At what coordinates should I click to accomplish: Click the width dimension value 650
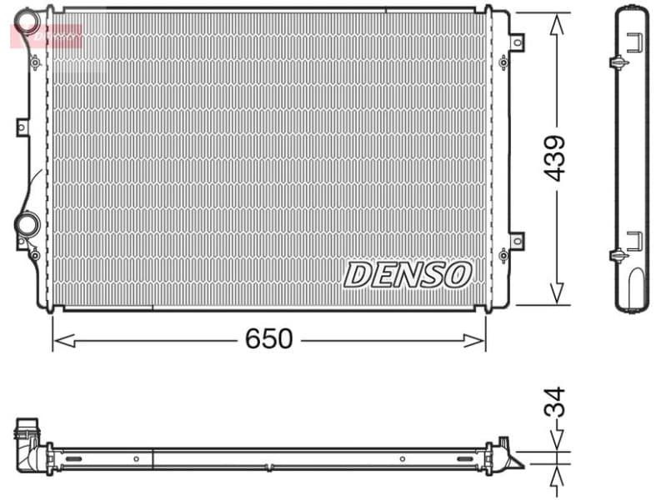coord(268,338)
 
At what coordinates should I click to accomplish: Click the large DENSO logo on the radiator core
coord(408,273)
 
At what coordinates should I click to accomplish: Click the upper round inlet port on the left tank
coord(28,19)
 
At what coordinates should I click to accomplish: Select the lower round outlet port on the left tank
coord(27,224)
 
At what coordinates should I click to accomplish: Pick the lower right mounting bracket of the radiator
coord(517,240)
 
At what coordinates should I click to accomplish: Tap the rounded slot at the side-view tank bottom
coord(635,287)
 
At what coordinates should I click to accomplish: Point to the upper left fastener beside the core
coord(35,62)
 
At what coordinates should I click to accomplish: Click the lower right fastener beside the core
coord(503,254)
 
